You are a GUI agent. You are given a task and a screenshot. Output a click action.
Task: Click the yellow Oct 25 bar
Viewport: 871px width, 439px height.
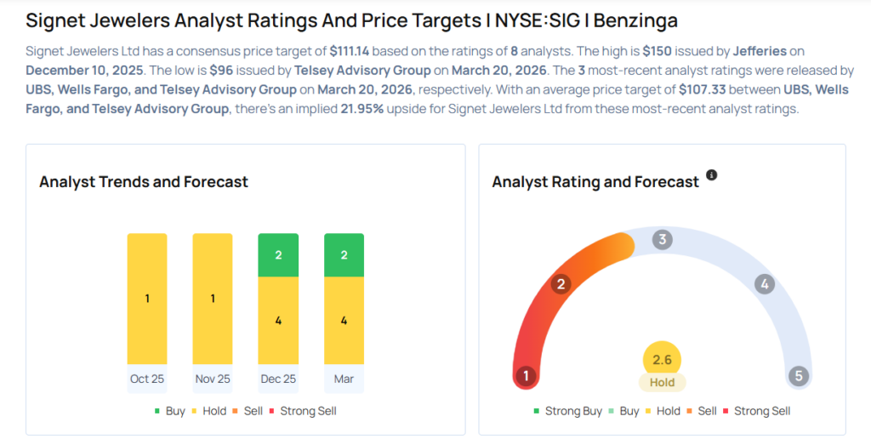[147, 299]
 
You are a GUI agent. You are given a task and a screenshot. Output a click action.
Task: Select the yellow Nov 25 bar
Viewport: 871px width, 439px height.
[213, 299]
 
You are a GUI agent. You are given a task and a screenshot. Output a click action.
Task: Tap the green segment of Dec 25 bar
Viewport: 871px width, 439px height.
[278, 255]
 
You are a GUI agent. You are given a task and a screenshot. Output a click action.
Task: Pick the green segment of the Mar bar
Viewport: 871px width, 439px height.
[344, 255]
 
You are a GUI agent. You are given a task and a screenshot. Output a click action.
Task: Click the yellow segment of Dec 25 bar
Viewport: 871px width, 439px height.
[278, 321]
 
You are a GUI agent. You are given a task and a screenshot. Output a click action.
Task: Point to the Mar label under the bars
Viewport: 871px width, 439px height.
[344, 379]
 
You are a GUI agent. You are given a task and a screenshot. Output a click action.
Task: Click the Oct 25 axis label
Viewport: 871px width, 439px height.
[147, 379]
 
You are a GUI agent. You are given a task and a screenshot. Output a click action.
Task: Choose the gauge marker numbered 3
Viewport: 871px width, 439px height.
[662, 240]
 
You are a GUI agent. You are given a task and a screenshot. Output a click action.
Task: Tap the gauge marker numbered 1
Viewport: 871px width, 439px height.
[527, 376]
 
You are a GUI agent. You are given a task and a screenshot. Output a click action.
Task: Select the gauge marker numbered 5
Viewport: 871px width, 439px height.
[798, 376]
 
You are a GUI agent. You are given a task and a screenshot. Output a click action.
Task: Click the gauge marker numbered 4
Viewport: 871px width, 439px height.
[765, 284]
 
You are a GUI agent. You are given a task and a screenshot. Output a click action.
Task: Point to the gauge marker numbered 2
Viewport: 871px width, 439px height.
[560, 284]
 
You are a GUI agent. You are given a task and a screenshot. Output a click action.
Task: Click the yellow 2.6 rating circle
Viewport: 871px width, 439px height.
[662, 360]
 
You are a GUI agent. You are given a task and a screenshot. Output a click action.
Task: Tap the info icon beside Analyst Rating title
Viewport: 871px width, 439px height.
[712, 175]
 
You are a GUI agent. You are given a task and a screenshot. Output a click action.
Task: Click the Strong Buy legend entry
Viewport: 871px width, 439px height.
[568, 411]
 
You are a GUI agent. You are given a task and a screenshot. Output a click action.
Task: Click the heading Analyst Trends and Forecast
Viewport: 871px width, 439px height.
[144, 182]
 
